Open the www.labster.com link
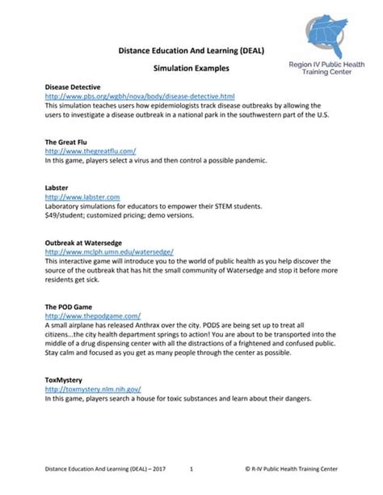click(x=82, y=197)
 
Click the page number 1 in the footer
click(x=191, y=469)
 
